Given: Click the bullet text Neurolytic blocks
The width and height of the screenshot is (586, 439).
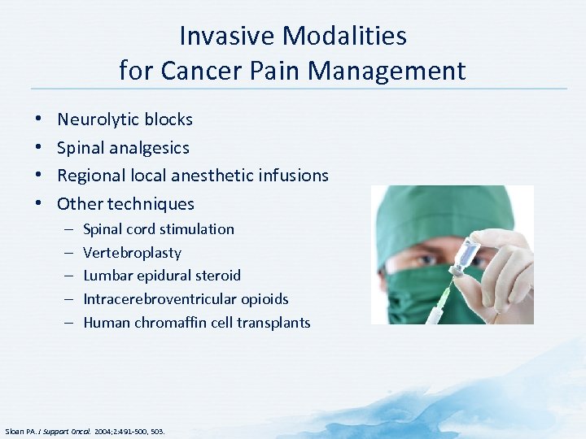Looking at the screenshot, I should (125, 120).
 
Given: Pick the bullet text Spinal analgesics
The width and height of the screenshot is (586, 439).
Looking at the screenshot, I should (123, 148).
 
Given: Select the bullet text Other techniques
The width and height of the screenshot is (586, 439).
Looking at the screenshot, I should (125, 204).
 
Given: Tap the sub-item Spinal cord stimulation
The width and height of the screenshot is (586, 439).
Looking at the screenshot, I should (159, 229).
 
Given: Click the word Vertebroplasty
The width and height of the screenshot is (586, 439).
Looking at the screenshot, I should (132, 253).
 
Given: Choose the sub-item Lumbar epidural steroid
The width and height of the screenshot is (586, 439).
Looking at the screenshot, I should (162, 276).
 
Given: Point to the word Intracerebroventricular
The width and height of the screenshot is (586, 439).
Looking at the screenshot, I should (157, 299).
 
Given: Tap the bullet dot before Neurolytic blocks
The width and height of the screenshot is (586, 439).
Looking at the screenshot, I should (40, 120).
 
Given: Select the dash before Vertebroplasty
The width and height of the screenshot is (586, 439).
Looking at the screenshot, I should (66, 253).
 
